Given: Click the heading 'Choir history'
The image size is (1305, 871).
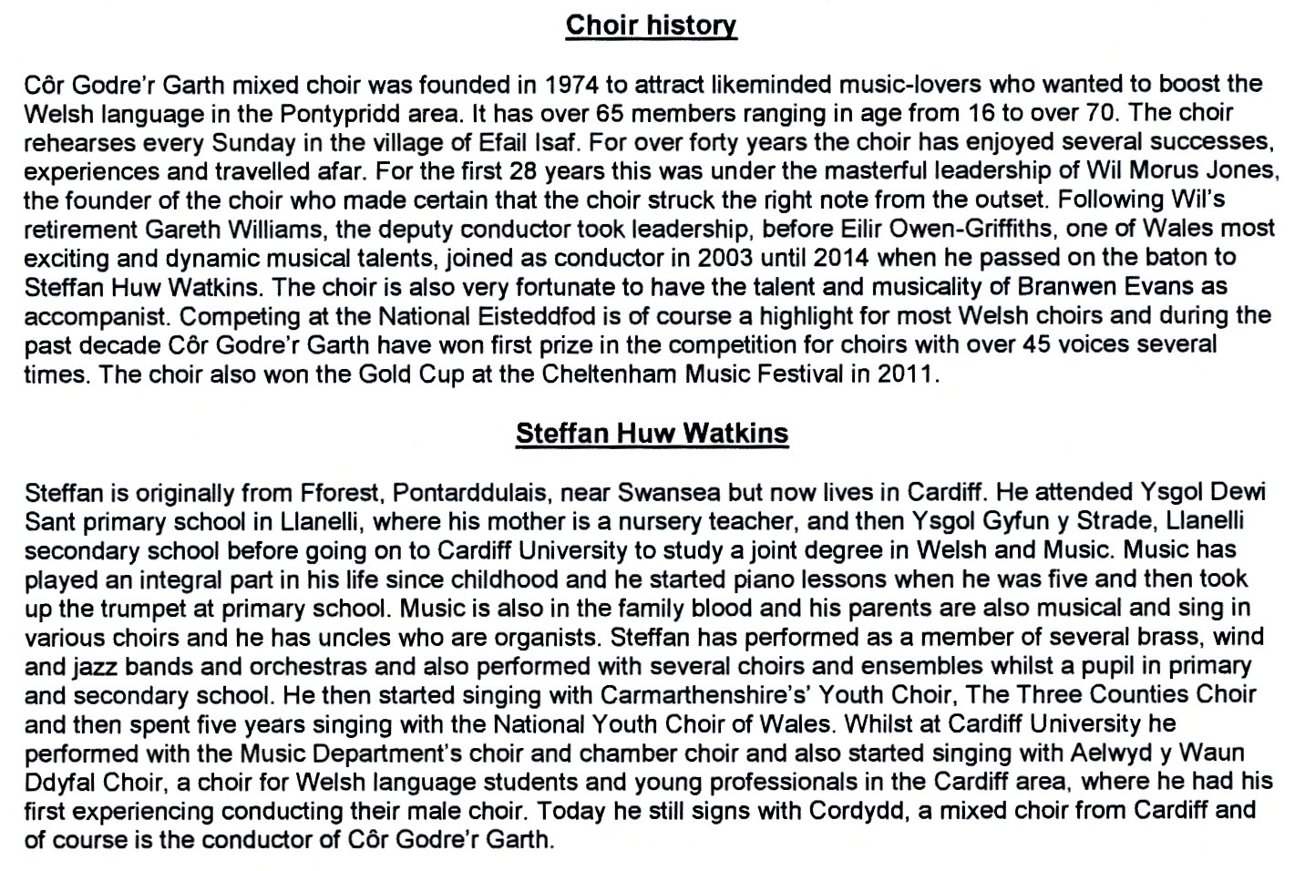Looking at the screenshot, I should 651,26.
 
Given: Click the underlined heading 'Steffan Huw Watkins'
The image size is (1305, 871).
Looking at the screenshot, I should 652,433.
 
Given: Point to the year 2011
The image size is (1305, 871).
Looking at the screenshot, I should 906,374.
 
